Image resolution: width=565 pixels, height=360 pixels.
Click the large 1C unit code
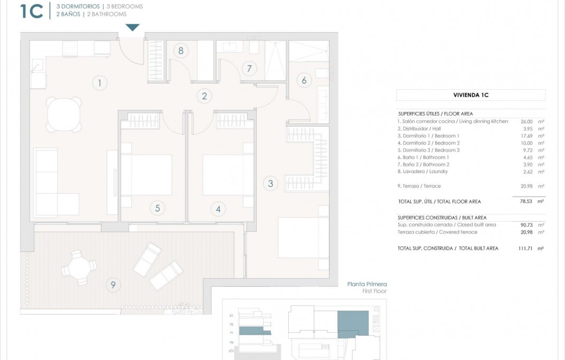(x=31, y=11)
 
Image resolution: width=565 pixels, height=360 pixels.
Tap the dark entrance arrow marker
(x=133, y=27)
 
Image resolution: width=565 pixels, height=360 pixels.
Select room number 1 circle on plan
(x=99, y=82)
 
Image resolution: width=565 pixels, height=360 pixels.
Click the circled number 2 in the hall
(x=204, y=96)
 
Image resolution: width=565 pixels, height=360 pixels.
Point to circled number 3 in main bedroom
(x=270, y=183)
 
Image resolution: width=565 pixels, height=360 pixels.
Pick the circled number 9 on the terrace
(x=112, y=285)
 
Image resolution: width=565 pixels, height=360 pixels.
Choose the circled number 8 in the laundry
(x=181, y=51)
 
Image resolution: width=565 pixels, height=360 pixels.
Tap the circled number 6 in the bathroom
(x=304, y=80)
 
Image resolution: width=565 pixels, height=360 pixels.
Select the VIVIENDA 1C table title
(x=470, y=96)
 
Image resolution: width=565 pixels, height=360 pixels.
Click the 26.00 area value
(x=526, y=121)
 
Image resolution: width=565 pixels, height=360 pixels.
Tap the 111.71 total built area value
(x=525, y=248)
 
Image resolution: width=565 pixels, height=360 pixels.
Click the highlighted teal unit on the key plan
(x=353, y=322)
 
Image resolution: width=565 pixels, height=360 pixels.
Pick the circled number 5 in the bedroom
(x=157, y=208)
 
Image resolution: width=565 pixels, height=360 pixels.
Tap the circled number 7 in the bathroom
(x=249, y=68)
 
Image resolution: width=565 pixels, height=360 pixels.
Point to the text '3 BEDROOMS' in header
(x=125, y=6)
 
